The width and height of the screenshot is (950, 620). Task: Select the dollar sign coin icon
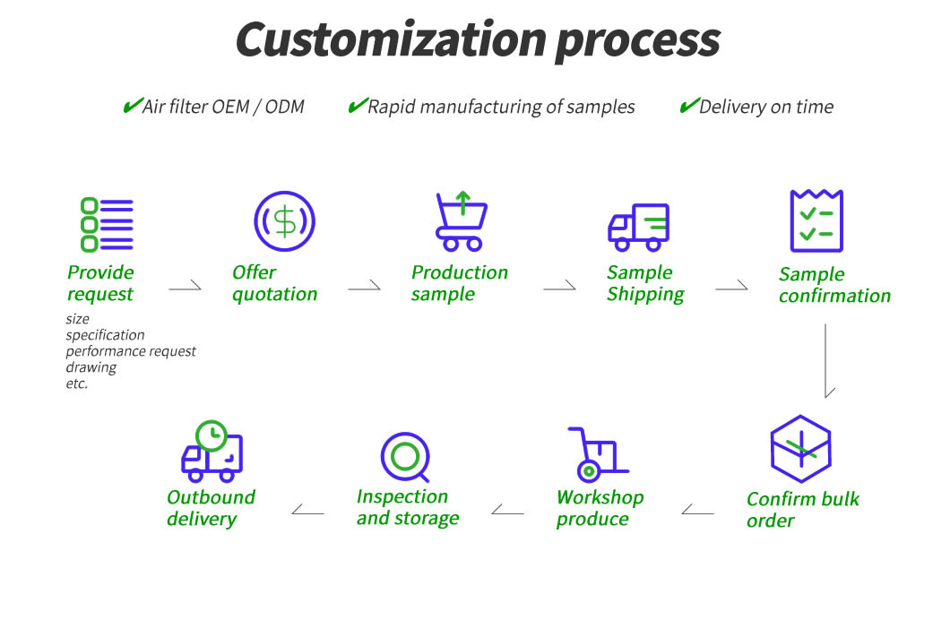285,220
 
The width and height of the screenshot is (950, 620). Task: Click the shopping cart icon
461,222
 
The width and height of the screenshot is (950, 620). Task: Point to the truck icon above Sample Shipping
639,227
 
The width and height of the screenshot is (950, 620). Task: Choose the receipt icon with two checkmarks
816,221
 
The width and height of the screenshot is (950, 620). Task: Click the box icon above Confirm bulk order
801,449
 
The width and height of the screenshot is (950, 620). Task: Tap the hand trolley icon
596,454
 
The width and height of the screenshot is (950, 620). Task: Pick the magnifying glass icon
405,457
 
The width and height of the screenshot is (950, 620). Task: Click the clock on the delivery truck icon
212,435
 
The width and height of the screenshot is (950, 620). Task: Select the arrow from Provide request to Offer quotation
186,288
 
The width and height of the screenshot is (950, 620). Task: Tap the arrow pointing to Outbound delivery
307,512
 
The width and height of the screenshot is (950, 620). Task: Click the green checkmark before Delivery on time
688,107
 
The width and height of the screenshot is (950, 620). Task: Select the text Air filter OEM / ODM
223,108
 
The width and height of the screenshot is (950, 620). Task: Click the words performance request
131,351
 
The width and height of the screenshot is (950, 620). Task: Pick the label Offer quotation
274,283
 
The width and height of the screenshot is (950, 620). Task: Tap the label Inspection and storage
408,507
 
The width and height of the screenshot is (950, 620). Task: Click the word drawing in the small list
91,367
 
